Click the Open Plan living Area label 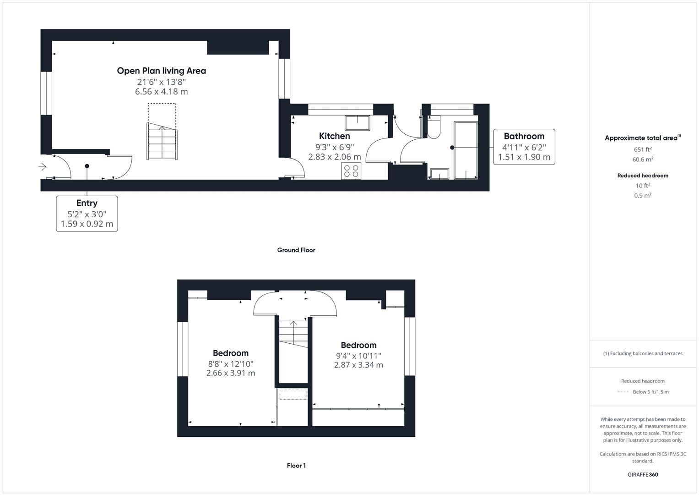click(161, 71)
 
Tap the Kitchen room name click(334, 136)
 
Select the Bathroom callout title click(524, 136)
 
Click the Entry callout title click(87, 203)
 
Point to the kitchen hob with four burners click(351, 171)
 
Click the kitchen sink click(358, 122)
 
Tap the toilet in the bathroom click(433, 127)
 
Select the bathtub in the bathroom click(466, 150)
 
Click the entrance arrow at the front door click(43, 167)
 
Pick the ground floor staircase click(162, 141)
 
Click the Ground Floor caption click(296, 250)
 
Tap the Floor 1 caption click(296, 466)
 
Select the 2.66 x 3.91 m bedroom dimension click(231, 373)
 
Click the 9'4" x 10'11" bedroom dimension click(358, 356)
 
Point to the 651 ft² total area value click(643, 149)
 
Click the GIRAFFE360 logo click(643, 474)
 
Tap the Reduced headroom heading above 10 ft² click(643, 176)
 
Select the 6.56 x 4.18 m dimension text click(161, 92)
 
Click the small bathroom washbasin click(439, 174)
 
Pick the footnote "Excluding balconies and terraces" click(643, 353)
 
